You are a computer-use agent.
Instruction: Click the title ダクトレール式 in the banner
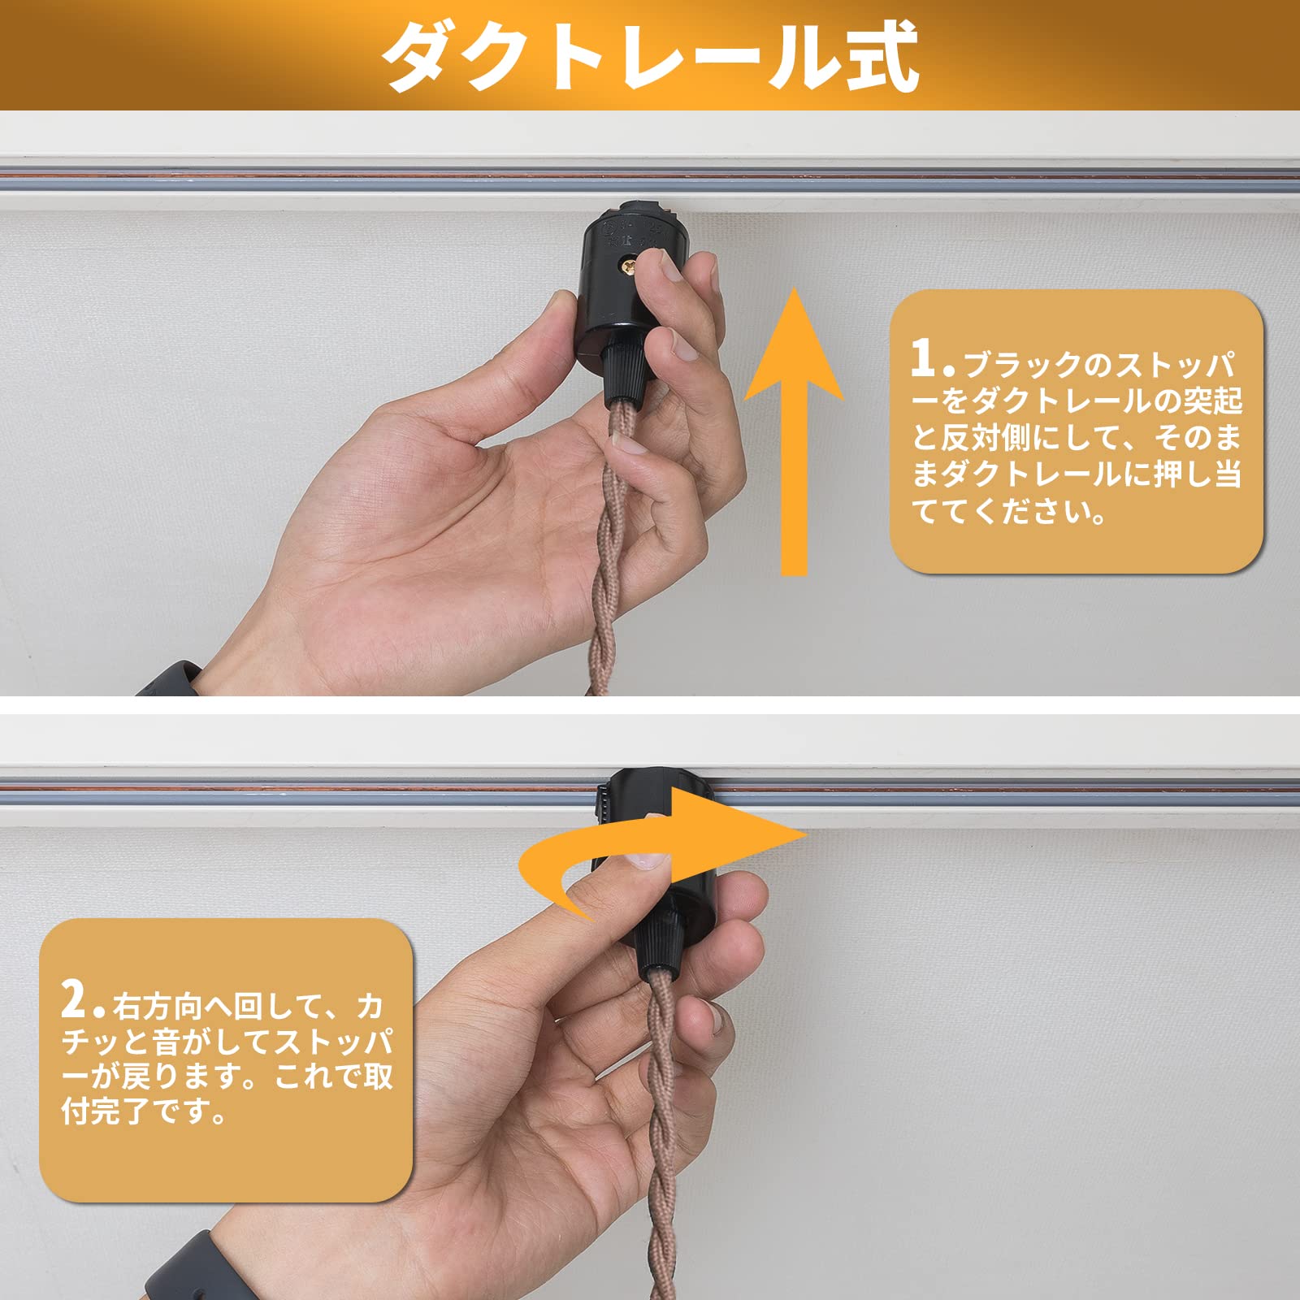[650, 55]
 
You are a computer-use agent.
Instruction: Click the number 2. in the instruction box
[82, 1001]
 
